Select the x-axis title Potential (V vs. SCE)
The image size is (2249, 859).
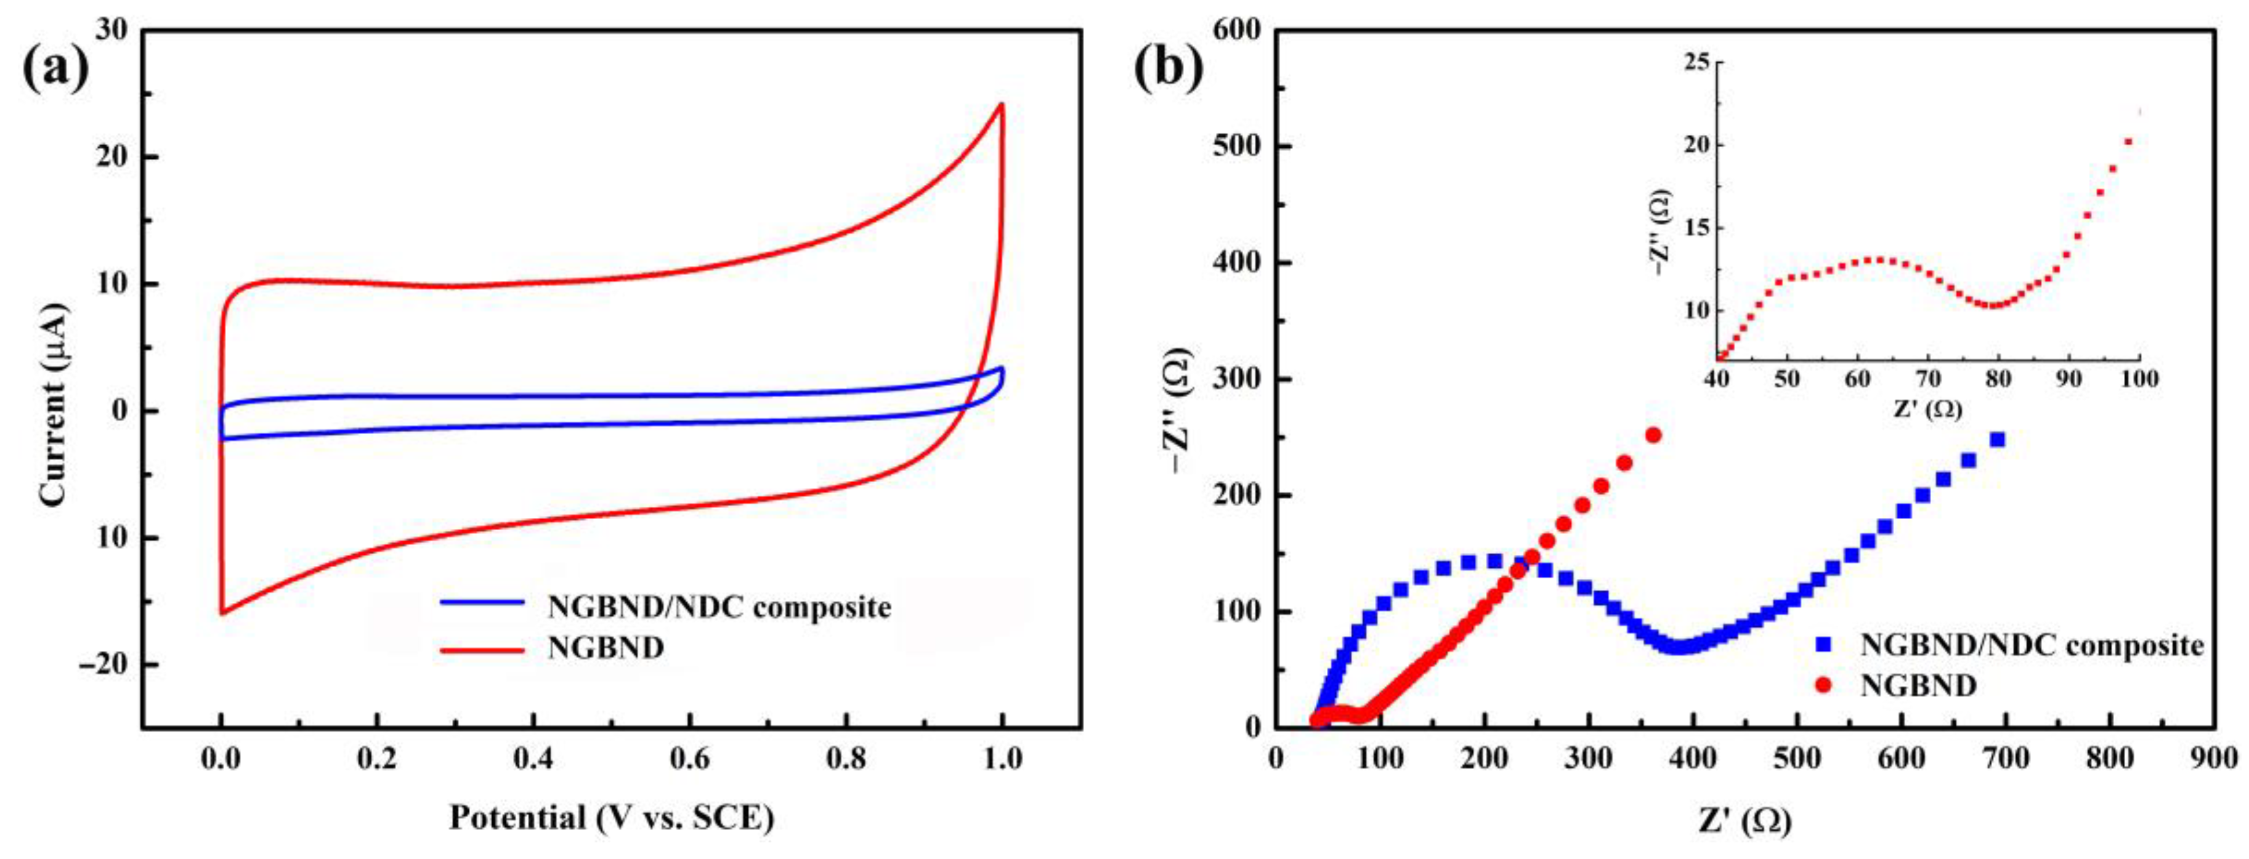coord(611,818)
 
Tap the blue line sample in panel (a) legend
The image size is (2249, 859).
coord(482,602)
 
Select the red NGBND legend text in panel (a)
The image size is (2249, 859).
coord(606,648)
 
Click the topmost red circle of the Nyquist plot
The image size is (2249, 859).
coord(1653,435)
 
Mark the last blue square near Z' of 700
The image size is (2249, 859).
coord(1996,439)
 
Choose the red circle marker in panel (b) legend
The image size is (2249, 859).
coord(1823,685)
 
